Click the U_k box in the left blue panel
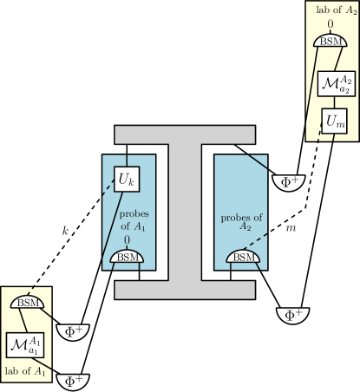128,180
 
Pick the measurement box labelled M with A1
25,344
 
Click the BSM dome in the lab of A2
329,41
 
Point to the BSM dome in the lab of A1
26,303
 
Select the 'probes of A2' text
239,221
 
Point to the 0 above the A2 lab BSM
330,24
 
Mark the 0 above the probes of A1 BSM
128,239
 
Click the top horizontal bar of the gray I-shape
185,134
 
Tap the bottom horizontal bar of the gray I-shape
185,289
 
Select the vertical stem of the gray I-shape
185,212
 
